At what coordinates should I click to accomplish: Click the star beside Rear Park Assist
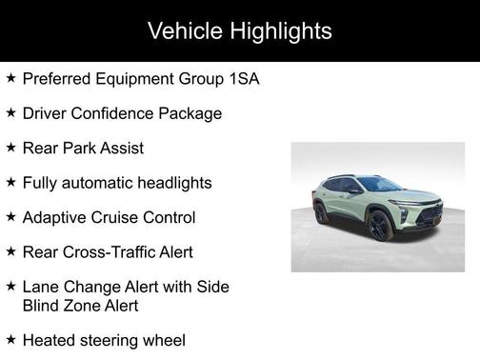tap(10, 148)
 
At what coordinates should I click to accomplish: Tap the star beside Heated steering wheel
tap(10, 339)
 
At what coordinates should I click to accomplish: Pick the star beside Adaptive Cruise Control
tap(10, 217)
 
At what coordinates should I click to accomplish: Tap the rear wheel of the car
tap(321, 212)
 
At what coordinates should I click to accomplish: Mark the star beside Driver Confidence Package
tap(10, 113)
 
